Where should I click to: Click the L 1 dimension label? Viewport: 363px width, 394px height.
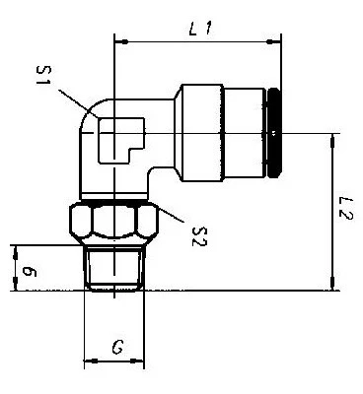pos(200,30)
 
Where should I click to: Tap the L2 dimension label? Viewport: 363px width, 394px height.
pos(346,209)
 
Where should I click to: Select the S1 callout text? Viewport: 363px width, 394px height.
pos(44,75)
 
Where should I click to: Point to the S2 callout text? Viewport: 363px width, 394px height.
pos(199,237)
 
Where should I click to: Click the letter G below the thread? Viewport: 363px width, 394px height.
pos(117,347)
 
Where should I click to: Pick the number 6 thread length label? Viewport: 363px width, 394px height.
pos(29,272)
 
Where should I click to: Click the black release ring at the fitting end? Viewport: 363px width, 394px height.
pos(274,133)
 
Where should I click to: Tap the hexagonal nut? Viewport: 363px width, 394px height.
pos(114,223)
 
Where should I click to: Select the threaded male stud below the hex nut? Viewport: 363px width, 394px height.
pos(114,269)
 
